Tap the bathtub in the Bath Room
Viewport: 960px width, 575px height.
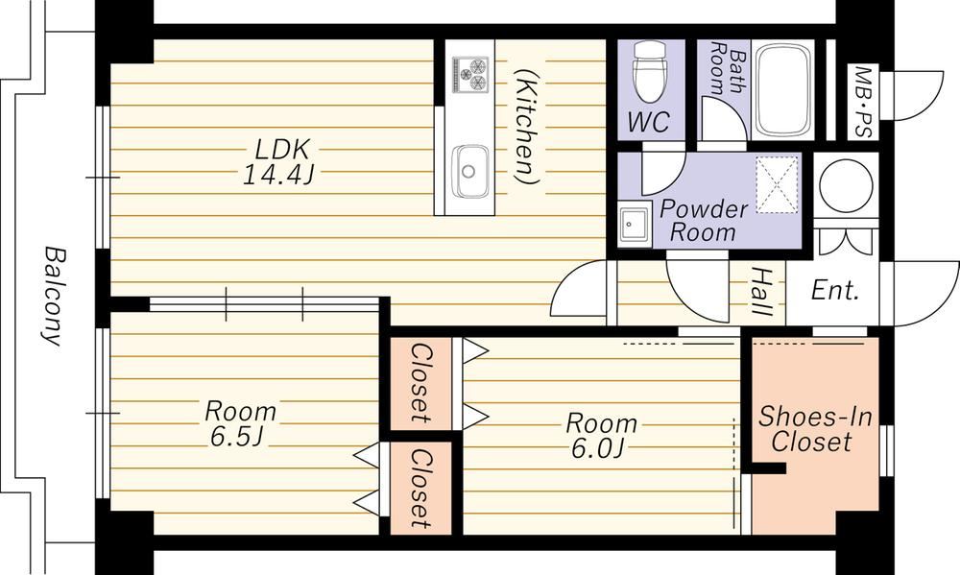[783, 89]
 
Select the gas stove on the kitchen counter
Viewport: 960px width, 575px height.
[470, 74]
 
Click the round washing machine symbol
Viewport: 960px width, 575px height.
[846, 185]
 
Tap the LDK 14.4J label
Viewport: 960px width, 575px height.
[278, 162]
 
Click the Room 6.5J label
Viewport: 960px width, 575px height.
[240, 423]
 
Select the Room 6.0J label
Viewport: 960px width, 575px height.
[601, 436]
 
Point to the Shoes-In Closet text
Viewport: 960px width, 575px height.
[815, 429]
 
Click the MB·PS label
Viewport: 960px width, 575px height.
[863, 101]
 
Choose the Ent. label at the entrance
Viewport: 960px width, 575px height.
[835, 290]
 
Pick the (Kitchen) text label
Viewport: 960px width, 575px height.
[525, 126]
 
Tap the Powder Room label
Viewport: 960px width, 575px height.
[704, 221]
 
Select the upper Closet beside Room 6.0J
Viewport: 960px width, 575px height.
[421, 384]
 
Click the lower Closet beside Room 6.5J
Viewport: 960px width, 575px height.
[421, 489]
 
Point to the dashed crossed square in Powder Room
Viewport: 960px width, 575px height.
[778, 185]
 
